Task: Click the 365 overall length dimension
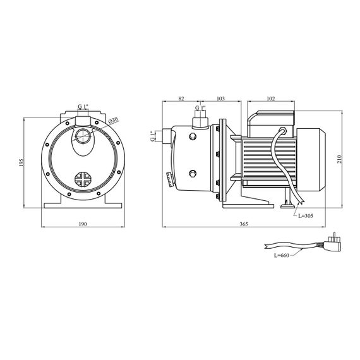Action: point(244,224)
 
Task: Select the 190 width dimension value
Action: point(83,224)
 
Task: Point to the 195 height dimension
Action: point(21,162)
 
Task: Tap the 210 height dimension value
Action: point(340,159)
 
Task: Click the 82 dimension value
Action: point(181,99)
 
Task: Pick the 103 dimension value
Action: point(220,99)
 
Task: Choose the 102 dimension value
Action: point(271,99)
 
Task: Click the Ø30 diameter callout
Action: point(112,121)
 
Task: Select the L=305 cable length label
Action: point(306,216)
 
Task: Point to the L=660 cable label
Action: point(282,255)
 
